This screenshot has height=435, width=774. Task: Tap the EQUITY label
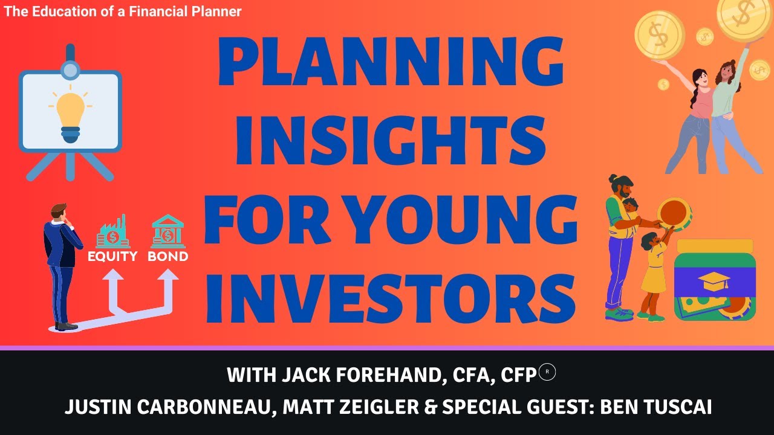point(112,256)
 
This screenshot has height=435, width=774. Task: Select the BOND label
point(167,256)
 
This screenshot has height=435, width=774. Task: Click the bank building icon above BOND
point(168,231)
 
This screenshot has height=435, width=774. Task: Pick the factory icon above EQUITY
point(113,231)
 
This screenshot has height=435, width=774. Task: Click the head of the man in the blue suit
point(59,213)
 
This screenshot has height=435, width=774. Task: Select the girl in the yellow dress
point(653,275)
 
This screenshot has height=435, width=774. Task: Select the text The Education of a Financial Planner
point(123,11)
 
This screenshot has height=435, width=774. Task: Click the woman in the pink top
point(695,115)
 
